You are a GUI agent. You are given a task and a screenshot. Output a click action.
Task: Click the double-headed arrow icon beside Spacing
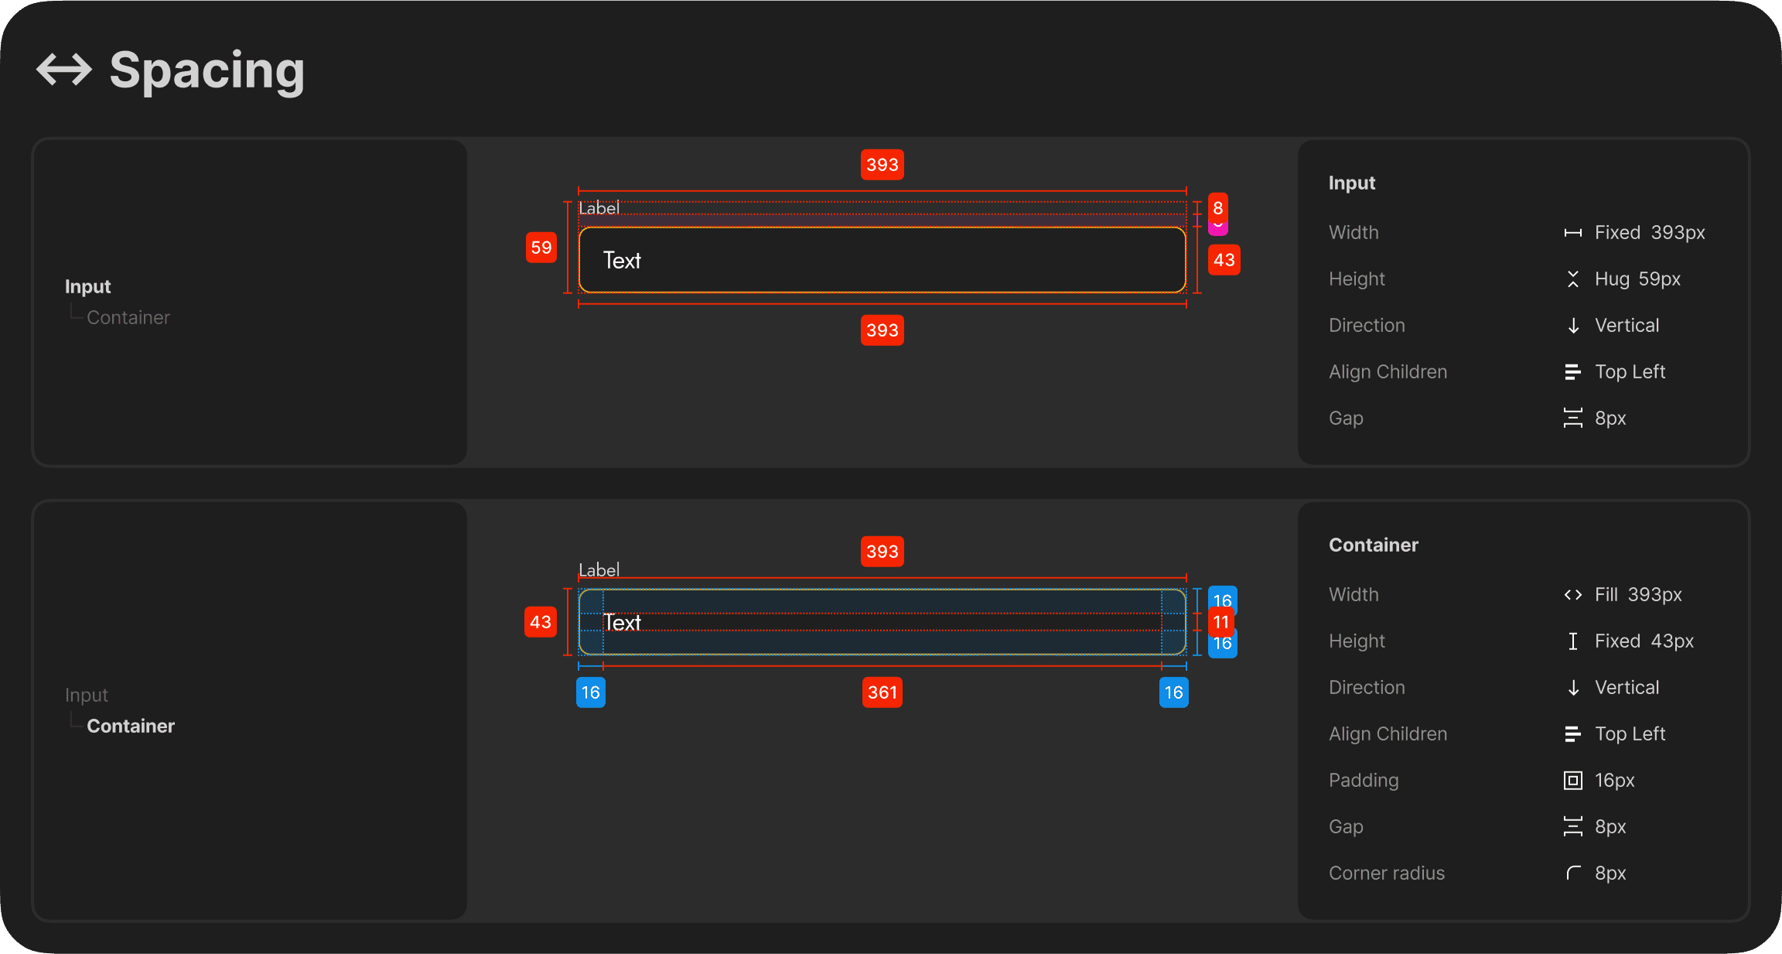point(64,70)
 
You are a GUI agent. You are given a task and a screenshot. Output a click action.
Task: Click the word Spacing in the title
point(207,71)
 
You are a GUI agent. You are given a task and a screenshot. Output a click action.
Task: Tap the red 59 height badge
point(541,248)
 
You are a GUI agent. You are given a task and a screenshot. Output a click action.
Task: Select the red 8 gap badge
point(1218,207)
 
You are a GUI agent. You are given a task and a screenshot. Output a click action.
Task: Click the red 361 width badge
point(882,692)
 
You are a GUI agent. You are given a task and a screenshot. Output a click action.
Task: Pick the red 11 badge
point(1221,622)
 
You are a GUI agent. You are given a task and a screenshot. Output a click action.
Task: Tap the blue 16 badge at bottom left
point(591,692)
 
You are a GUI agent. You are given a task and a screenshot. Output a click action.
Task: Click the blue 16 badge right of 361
point(1174,692)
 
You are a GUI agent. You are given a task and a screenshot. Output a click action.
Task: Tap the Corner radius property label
point(1387,873)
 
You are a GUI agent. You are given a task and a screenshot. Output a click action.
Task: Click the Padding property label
point(1364,780)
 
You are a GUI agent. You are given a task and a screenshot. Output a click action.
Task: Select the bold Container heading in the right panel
point(1374,545)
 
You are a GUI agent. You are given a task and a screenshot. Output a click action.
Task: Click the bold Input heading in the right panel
point(1352,183)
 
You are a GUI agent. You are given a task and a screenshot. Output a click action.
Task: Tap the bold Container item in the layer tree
point(131,726)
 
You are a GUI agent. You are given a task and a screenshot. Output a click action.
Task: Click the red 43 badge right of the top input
point(1224,260)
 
